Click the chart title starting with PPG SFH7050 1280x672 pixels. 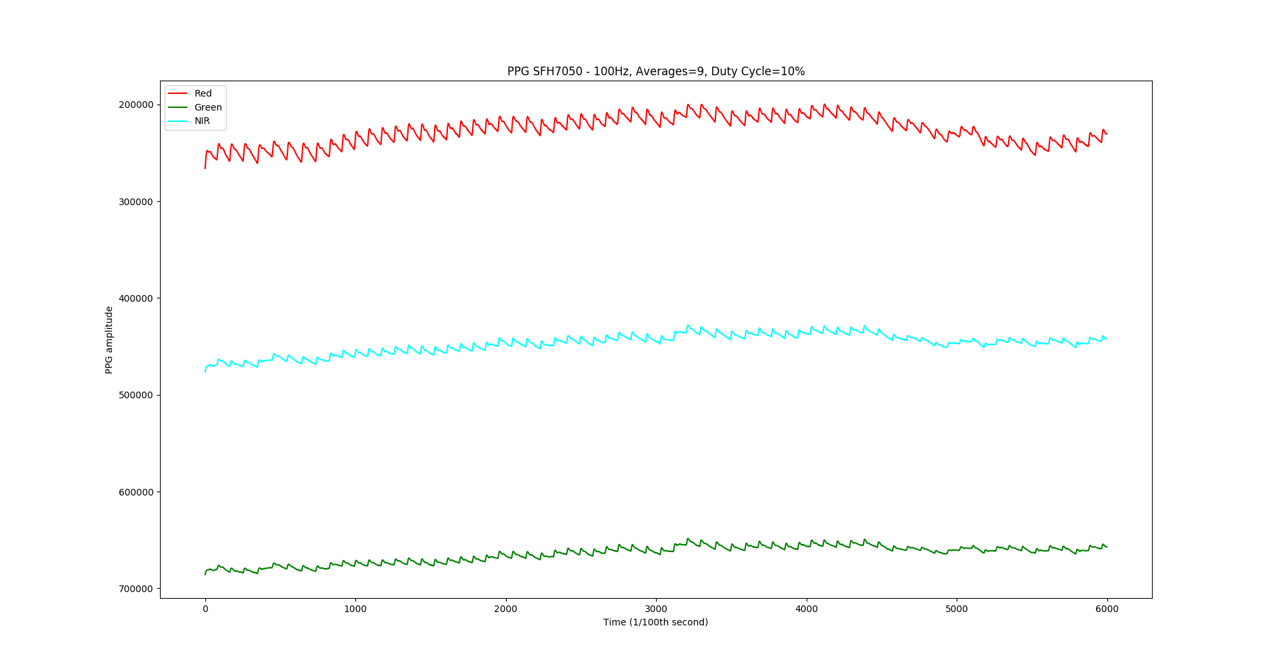(x=655, y=71)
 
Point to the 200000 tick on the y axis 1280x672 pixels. (x=136, y=105)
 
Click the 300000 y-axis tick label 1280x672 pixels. (x=136, y=202)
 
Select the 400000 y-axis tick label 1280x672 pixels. (x=136, y=298)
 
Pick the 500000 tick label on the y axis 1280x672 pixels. (x=136, y=395)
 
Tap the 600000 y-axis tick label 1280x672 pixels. (x=136, y=492)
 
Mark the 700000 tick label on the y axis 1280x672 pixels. (x=136, y=589)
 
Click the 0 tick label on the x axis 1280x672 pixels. (x=205, y=609)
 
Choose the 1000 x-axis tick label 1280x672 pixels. (x=355, y=609)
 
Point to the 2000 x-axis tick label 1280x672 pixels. (x=506, y=609)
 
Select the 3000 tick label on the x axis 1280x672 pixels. (x=656, y=609)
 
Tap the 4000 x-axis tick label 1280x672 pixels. (x=807, y=609)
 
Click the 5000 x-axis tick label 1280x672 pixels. (x=957, y=609)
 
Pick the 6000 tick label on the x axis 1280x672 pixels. (x=1107, y=609)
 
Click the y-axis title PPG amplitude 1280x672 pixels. (x=109, y=340)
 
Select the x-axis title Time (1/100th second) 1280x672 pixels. (x=655, y=622)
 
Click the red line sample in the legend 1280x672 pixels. (x=177, y=94)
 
